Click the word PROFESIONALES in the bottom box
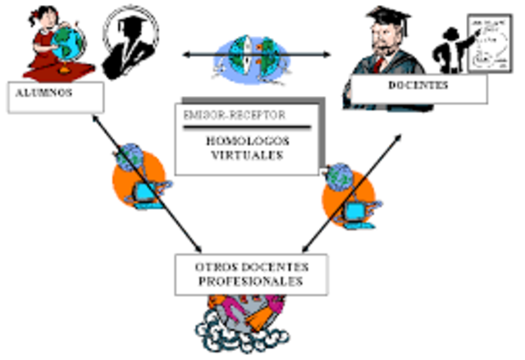pyautogui.click(x=250, y=281)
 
